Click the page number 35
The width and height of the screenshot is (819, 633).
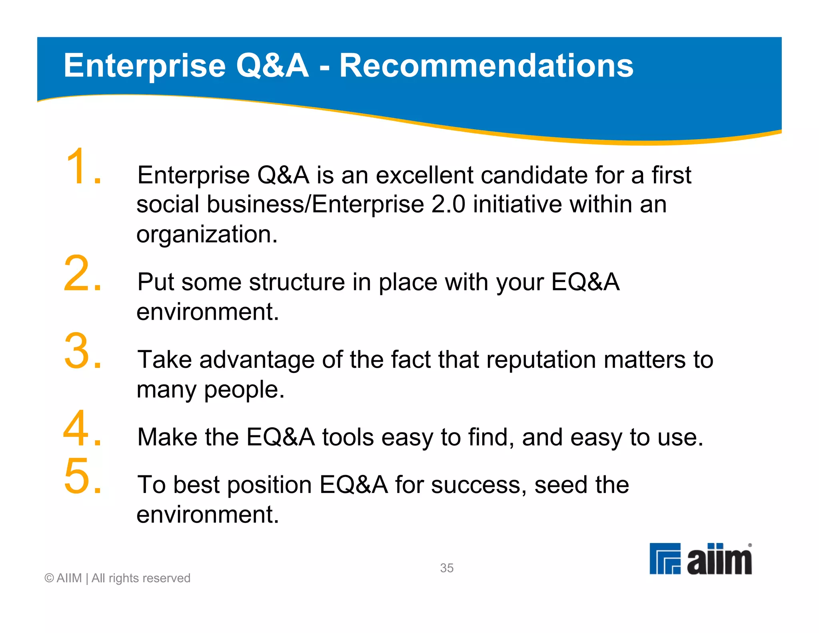pyautogui.click(x=447, y=568)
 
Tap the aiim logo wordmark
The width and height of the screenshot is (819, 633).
pyautogui.click(x=719, y=559)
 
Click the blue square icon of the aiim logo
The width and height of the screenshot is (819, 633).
pyautogui.click(x=665, y=559)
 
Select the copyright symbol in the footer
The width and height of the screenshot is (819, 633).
pyautogui.click(x=49, y=578)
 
